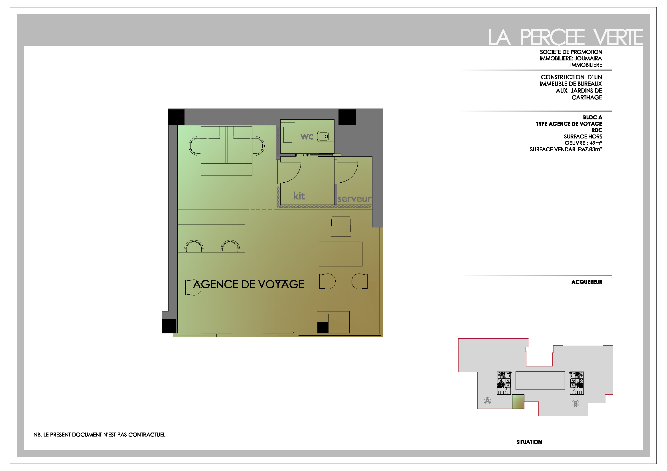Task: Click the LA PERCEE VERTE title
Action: point(565,37)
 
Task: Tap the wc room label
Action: point(307,136)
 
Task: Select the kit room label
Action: point(299,196)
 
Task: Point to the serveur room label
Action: point(354,199)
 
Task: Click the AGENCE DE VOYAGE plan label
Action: point(249,284)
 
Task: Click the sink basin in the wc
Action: point(323,136)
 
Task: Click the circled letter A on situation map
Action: point(487,401)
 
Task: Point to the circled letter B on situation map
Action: point(575,403)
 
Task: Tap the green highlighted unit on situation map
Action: point(518,402)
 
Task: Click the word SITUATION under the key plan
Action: point(529,442)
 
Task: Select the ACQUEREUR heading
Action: point(587,282)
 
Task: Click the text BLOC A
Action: point(593,117)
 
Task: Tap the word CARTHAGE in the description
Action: point(587,98)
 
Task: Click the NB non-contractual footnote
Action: point(99,435)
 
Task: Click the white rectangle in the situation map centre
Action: point(540,380)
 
